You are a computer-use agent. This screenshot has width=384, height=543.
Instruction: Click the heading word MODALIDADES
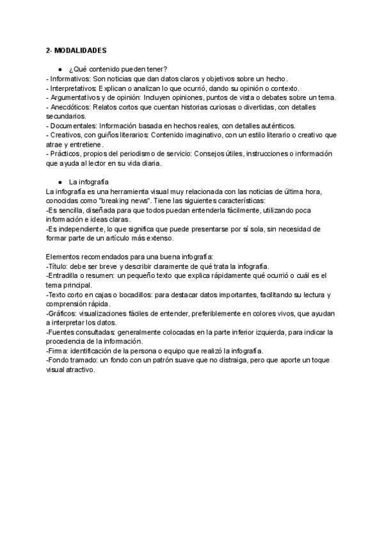click(83, 49)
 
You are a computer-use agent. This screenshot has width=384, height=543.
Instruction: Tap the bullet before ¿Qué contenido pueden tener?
click(60, 69)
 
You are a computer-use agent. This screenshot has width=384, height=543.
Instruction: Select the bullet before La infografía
click(60, 182)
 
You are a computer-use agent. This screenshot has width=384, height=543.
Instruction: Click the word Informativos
click(69, 79)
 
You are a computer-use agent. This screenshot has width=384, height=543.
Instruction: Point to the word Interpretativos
click(74, 88)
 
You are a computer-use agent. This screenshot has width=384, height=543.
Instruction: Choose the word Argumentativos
click(76, 97)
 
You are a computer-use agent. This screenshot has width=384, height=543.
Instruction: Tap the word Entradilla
click(65, 276)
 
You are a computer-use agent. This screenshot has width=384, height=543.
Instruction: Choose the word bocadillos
click(117, 295)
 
